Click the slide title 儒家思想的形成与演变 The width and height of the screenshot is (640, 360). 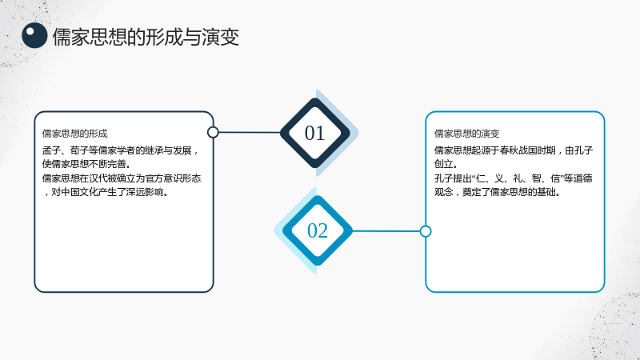(x=146, y=37)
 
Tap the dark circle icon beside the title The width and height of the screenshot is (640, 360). (x=34, y=35)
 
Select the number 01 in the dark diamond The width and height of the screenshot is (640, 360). (x=314, y=133)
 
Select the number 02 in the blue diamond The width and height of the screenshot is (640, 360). (x=318, y=230)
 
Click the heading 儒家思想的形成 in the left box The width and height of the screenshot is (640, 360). (x=74, y=134)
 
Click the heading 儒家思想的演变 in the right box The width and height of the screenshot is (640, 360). (x=467, y=134)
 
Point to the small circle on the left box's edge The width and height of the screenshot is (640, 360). (x=213, y=132)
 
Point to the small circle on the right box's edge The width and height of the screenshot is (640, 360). (x=426, y=231)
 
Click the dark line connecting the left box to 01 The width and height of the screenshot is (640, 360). (x=250, y=132)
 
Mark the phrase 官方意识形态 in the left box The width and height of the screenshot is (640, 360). (x=173, y=178)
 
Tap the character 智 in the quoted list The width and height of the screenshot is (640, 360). (x=537, y=178)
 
